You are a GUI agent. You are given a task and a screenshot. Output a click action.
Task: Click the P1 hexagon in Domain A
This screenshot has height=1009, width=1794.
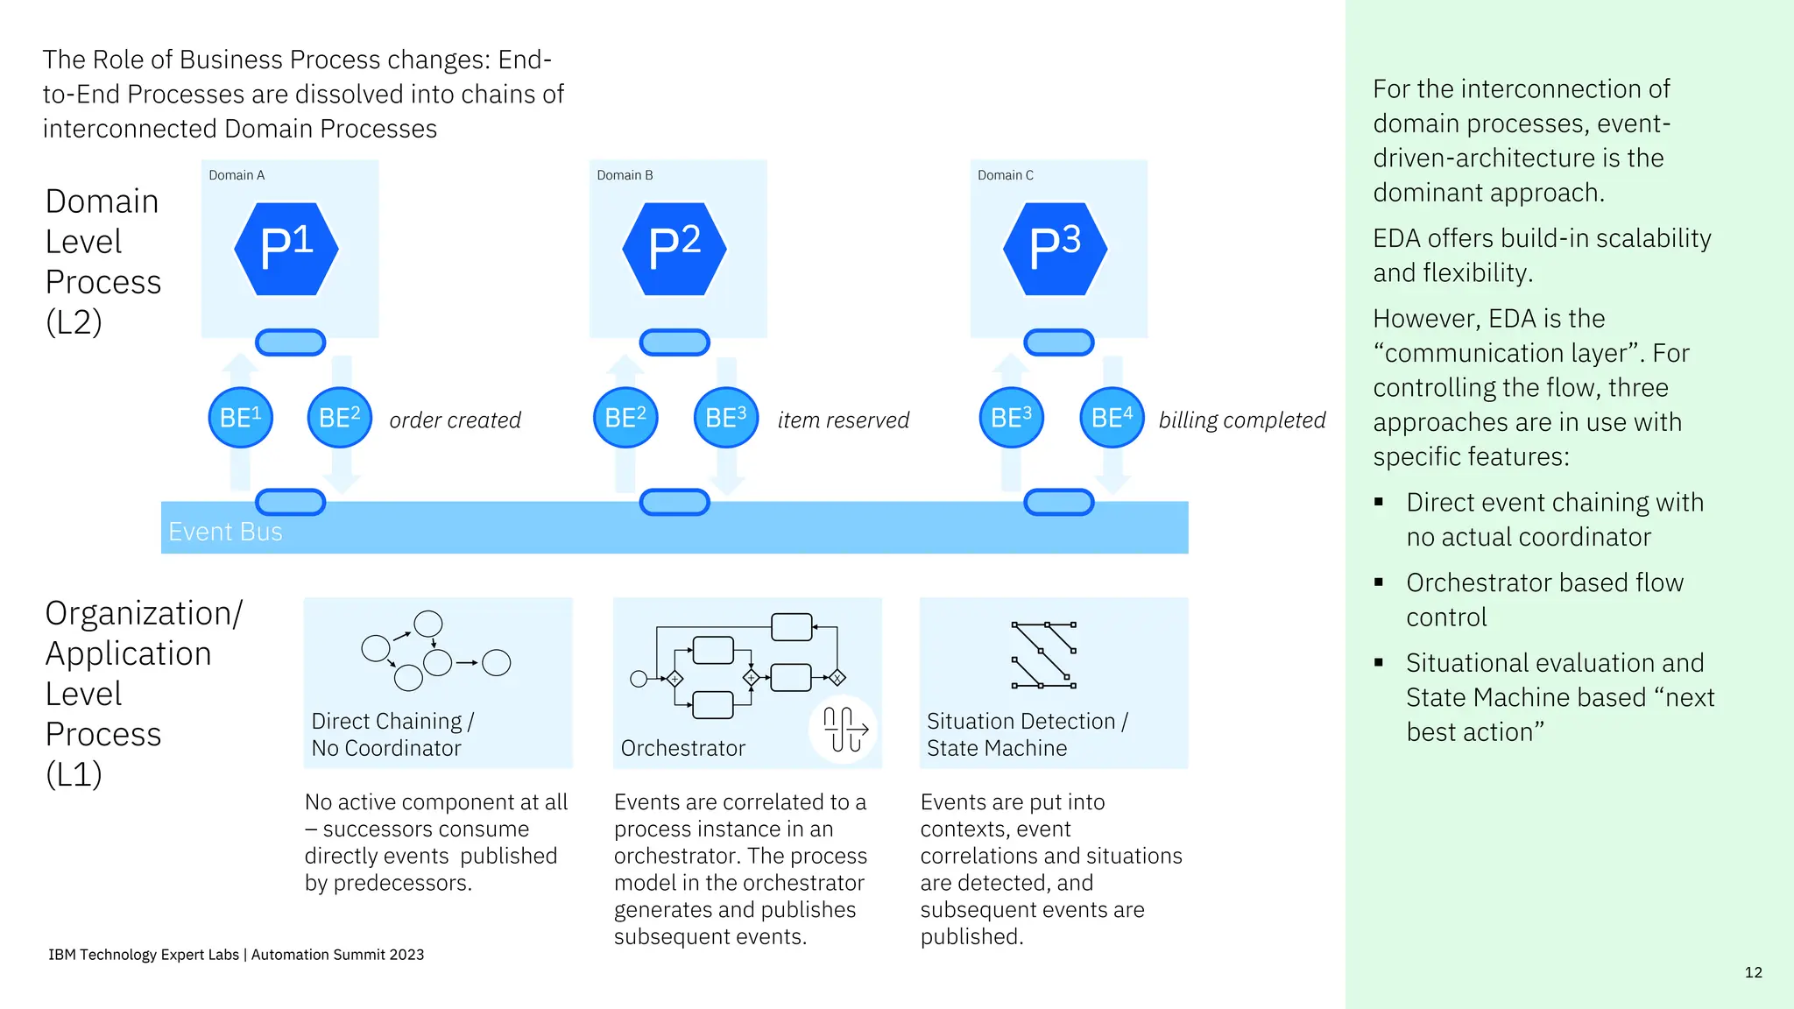click(x=286, y=249)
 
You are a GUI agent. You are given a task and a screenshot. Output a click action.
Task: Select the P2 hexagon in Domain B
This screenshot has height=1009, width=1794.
click(x=675, y=249)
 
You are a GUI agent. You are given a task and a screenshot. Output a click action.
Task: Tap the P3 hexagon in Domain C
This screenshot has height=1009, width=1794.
click(x=1056, y=249)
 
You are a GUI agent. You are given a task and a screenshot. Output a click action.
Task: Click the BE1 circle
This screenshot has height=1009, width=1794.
click(x=241, y=418)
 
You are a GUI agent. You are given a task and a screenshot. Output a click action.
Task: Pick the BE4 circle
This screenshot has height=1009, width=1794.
click(x=1112, y=418)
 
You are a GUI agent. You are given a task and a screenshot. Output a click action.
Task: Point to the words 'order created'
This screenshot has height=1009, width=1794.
click(x=455, y=420)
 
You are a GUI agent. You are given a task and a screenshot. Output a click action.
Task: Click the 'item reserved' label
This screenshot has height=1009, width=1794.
click(x=843, y=420)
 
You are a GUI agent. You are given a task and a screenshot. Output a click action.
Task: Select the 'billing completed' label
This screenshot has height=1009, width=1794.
click(x=1241, y=420)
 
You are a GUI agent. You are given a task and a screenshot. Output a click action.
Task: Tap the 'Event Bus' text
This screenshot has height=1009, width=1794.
click(x=225, y=532)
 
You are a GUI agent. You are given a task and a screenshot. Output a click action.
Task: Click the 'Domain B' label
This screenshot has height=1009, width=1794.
click(x=625, y=175)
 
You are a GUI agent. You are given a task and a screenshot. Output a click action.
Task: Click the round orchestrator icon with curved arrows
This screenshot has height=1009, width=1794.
click(x=844, y=729)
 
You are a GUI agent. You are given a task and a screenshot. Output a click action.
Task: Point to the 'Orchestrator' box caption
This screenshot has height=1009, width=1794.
click(x=682, y=748)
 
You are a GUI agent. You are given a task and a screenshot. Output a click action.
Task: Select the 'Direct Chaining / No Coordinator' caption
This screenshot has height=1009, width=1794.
click(x=392, y=734)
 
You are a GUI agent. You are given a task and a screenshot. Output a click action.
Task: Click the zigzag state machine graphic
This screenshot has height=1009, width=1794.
click(x=1044, y=655)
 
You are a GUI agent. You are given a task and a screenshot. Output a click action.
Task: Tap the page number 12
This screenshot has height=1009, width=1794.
click(x=1753, y=972)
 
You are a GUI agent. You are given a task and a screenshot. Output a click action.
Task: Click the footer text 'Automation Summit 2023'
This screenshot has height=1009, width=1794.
click(x=337, y=955)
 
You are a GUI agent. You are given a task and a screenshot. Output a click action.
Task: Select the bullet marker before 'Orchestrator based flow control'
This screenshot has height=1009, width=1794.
click(x=1379, y=582)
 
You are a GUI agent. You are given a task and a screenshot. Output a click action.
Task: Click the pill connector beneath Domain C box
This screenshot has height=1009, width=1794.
click(x=1059, y=342)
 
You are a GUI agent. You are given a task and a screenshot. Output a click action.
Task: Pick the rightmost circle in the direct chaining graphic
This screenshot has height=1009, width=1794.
click(x=497, y=663)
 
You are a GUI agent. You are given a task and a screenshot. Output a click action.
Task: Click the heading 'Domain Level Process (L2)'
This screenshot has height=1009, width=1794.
click(x=102, y=261)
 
